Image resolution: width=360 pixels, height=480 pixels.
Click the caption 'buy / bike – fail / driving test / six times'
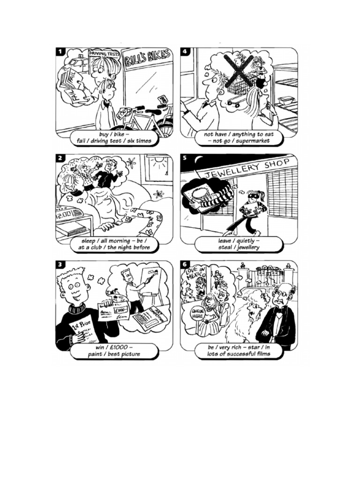(114, 137)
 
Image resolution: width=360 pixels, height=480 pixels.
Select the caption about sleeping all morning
(114, 244)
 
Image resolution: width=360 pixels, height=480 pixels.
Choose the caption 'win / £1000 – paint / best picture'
(114, 351)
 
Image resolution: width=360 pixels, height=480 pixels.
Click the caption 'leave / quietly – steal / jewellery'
(239, 244)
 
